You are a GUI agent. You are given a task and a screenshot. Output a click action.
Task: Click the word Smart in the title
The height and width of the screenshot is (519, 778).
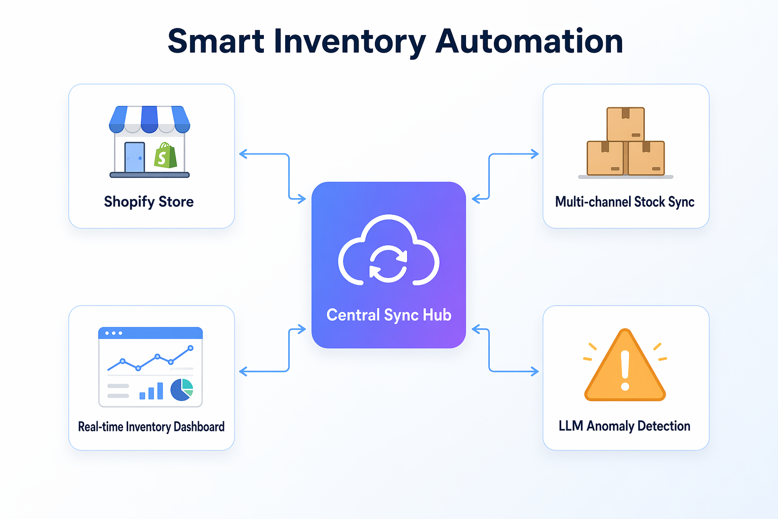pos(216,42)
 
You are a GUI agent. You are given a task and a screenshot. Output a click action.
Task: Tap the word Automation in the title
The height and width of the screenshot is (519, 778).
pos(529,42)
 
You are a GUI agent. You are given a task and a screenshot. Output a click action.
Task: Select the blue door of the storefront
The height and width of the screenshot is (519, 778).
pos(134,157)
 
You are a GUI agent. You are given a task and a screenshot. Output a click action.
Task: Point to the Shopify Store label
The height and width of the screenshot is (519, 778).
pos(149,202)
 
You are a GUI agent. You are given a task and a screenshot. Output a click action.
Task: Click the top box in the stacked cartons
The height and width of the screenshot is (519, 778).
pos(626,124)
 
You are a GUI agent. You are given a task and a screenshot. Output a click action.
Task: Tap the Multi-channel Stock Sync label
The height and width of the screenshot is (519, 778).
pos(625,202)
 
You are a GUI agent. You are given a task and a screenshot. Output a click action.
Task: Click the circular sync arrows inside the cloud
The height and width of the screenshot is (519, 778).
pos(388,263)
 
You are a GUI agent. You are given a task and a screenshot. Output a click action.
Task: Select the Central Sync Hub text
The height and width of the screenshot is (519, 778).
pos(388,315)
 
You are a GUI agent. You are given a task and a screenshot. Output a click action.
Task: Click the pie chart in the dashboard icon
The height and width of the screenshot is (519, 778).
pos(182,389)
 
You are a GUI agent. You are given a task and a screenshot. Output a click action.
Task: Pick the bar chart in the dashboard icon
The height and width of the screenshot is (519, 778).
pos(151,391)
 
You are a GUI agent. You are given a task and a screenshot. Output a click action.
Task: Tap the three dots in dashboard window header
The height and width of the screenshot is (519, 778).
pos(113,333)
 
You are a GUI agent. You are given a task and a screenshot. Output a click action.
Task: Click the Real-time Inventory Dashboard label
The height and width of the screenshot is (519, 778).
pos(151,427)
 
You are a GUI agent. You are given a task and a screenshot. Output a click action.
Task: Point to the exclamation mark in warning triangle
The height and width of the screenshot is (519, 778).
pos(625,370)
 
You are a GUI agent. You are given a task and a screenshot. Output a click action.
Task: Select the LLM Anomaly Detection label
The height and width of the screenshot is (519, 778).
pos(625,426)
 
